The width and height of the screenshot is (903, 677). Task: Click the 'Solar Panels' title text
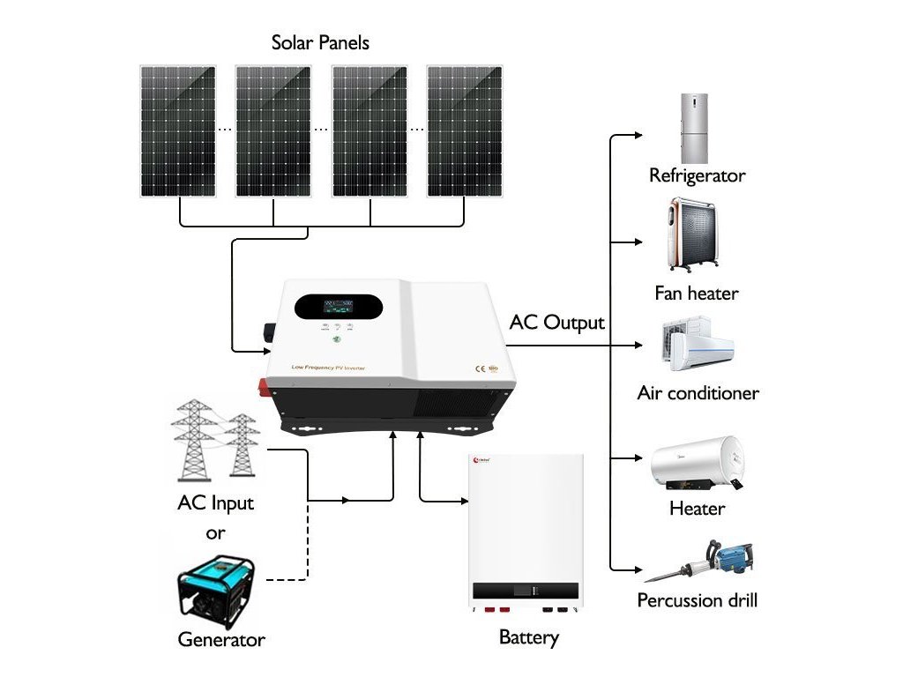pyautogui.click(x=320, y=42)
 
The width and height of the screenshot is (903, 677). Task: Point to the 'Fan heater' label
pyautogui.click(x=696, y=293)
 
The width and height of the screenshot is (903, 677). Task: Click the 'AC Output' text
pyautogui.click(x=557, y=323)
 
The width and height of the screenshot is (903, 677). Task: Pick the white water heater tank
pyautogui.click(x=696, y=466)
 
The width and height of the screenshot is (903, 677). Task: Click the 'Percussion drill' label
pyautogui.click(x=697, y=601)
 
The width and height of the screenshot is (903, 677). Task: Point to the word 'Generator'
pyautogui.click(x=220, y=640)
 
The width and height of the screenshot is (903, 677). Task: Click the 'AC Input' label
pyautogui.click(x=215, y=504)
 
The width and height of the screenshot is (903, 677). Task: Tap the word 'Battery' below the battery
pyautogui.click(x=529, y=637)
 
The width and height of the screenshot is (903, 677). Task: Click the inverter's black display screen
pyautogui.click(x=339, y=308)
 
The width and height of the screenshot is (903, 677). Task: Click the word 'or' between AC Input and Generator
pyautogui.click(x=215, y=533)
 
